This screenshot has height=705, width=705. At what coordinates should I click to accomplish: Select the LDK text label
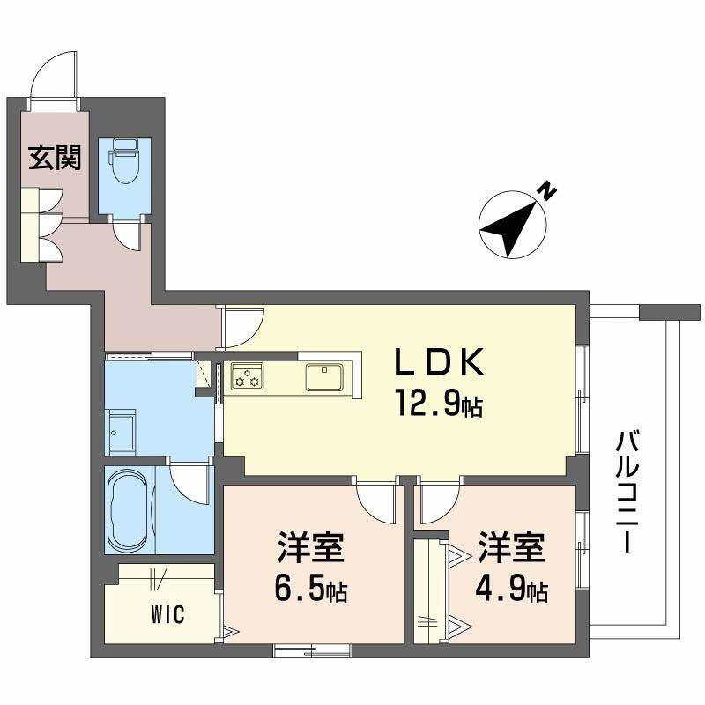tap(438, 362)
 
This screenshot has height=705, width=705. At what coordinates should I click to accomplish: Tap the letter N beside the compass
tap(548, 189)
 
